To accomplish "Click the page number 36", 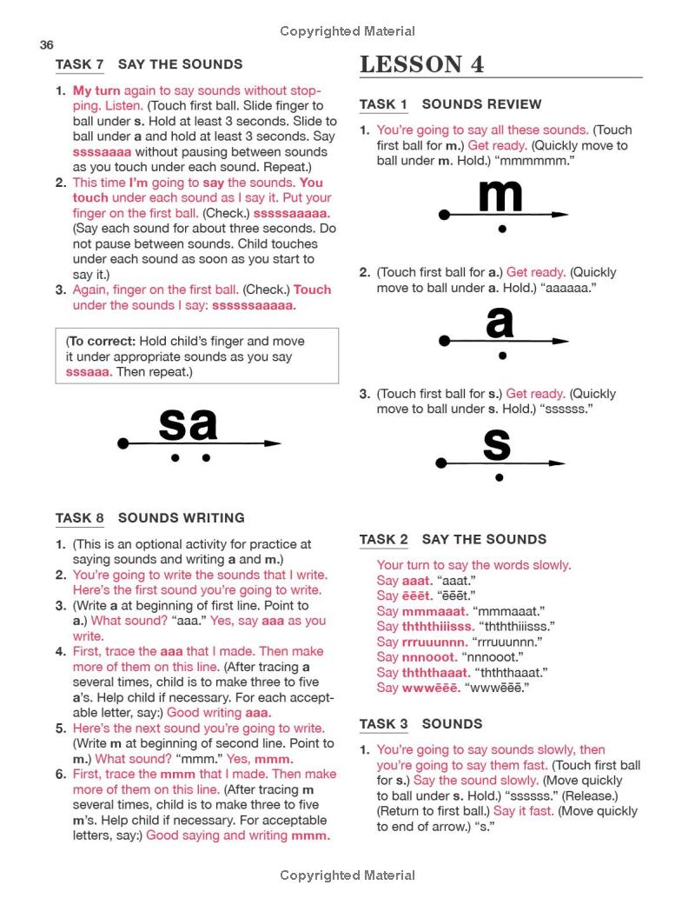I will [x=47, y=45].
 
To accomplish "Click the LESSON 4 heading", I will [x=421, y=64].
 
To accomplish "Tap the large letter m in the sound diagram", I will [x=500, y=196].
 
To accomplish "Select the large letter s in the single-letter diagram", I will [x=496, y=444].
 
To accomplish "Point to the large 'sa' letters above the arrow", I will [x=188, y=424].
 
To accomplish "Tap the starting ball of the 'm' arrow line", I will [x=445, y=215].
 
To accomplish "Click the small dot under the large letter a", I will [x=502, y=355].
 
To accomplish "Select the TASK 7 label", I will [x=80, y=64].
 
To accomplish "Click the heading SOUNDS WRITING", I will [x=182, y=518].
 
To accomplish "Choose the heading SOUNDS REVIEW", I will [x=481, y=104].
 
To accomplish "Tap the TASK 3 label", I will [x=383, y=724].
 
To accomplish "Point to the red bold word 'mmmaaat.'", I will [x=434, y=611].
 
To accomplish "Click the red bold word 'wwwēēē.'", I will [x=432, y=688].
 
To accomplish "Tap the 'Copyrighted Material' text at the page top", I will [x=347, y=31].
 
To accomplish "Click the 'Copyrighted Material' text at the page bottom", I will [x=347, y=875].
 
